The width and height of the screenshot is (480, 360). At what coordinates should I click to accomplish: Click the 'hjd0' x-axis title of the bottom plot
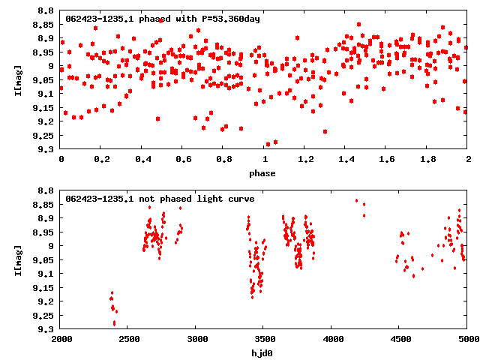[x=264, y=352]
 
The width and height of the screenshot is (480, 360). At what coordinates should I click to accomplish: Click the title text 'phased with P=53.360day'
[x=197, y=19]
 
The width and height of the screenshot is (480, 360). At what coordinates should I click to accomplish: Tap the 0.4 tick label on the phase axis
[x=142, y=160]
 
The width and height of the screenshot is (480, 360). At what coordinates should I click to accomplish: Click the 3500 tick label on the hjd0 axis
[x=332, y=339]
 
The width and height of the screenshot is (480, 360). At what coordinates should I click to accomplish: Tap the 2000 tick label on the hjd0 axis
[x=61, y=339]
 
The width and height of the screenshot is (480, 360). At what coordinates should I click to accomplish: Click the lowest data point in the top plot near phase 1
[x=268, y=144]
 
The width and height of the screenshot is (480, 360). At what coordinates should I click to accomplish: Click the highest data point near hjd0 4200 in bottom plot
[x=356, y=200]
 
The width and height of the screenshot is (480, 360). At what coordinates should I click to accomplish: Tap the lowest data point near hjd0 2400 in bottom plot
[x=114, y=323]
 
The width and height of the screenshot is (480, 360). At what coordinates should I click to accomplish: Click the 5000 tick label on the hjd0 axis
[x=466, y=339]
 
